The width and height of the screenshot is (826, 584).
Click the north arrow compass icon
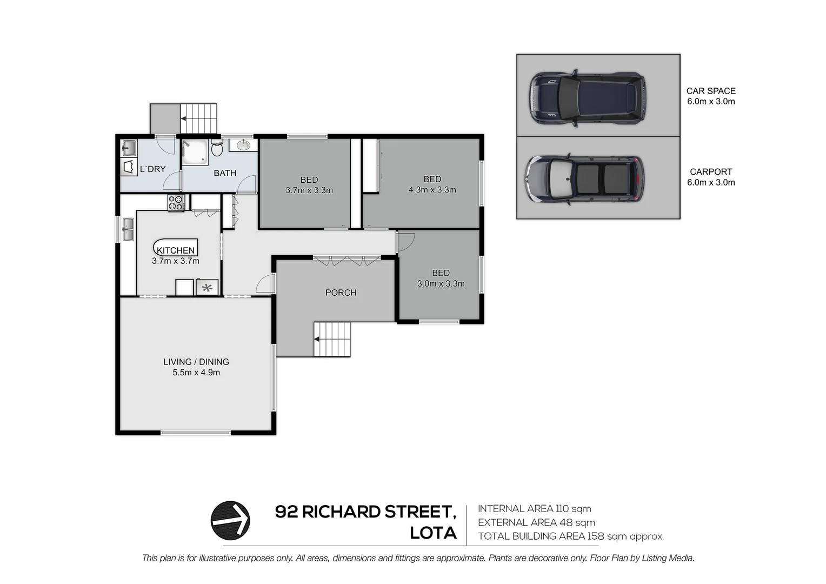[230, 520]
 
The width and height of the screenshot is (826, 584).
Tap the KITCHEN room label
[176, 250]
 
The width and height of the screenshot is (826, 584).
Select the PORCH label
[341, 293]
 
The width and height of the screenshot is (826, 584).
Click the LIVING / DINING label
[196, 362]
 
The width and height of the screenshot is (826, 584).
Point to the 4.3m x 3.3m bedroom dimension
[432, 190]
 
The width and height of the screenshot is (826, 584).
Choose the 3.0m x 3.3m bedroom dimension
[441, 283]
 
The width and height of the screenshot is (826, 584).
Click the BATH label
[225, 173]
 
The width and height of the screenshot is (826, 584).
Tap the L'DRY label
[152, 169]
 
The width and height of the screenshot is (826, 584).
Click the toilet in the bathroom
[217, 148]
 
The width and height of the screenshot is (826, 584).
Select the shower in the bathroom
[194, 151]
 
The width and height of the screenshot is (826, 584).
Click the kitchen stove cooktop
[176, 203]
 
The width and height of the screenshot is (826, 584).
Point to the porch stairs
[332, 339]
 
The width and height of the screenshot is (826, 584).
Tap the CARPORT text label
[710, 171]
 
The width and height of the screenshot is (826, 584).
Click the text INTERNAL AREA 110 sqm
[534, 508]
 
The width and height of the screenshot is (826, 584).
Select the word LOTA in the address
[433, 533]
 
